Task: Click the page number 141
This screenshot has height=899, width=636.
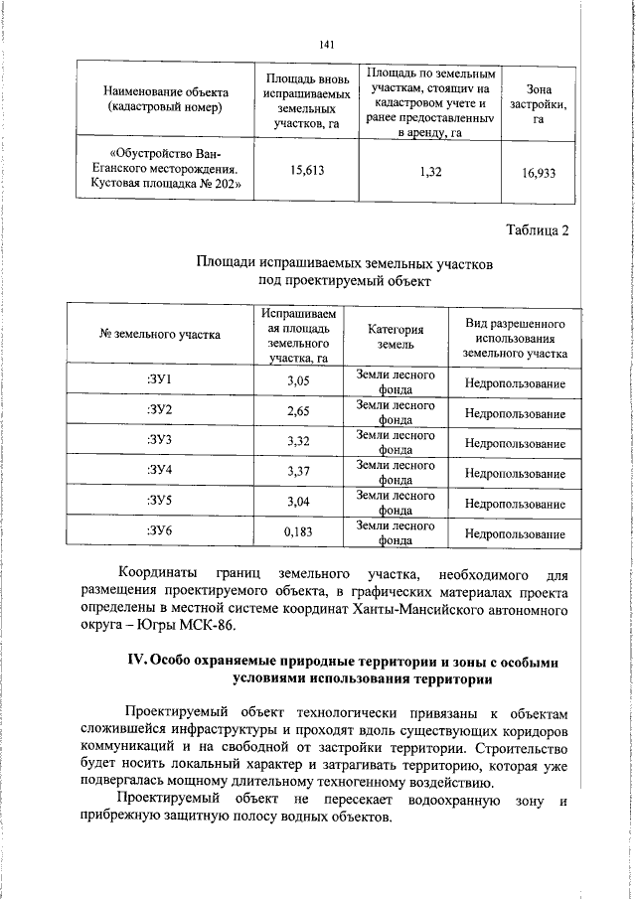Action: [x=329, y=43]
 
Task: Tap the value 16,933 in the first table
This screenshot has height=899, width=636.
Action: [x=538, y=172]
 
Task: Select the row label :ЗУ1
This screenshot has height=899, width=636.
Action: [x=159, y=382]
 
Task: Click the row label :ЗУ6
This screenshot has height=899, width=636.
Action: [x=159, y=531]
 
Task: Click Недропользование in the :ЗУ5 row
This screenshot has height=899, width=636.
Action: [x=514, y=504]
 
